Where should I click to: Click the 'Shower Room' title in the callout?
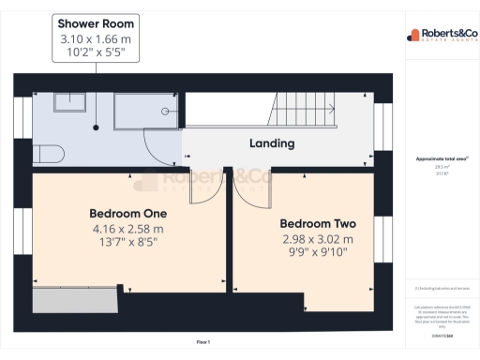click(x=96, y=22)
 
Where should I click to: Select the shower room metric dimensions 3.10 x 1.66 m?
click(x=96, y=38)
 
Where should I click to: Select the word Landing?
click(x=272, y=143)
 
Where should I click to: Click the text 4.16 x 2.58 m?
click(x=127, y=228)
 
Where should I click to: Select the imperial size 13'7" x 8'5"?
click(x=127, y=241)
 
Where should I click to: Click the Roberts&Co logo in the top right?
click(x=441, y=36)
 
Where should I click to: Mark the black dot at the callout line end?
click(x=96, y=127)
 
